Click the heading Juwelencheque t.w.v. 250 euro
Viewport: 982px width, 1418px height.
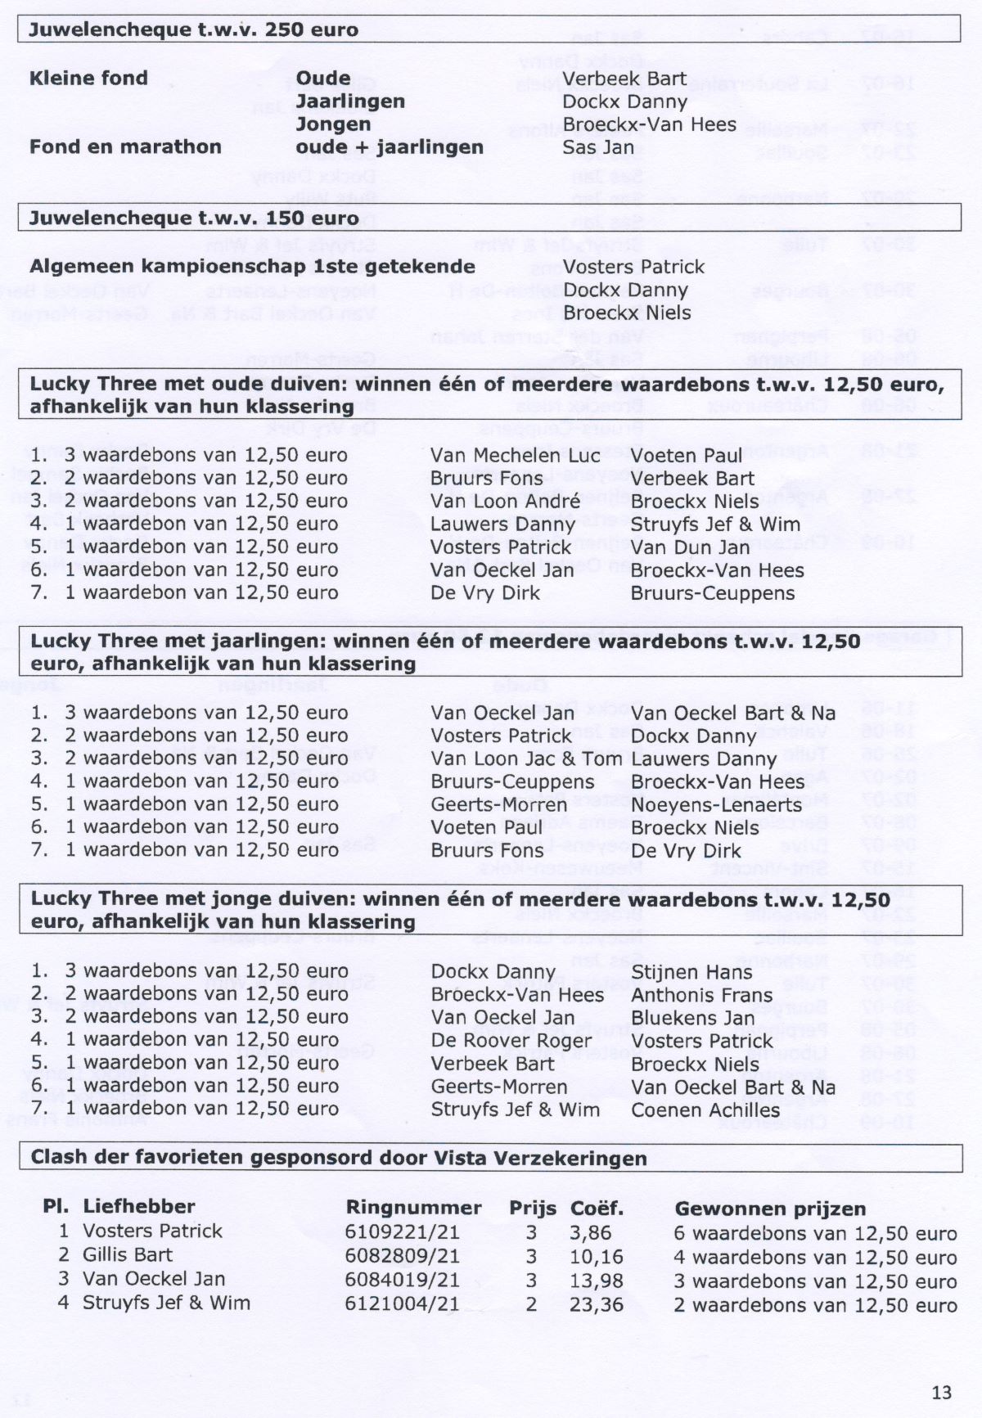194,30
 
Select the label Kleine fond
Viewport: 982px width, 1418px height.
88,79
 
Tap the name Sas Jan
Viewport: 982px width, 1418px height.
598,147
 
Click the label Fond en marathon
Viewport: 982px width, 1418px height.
125,147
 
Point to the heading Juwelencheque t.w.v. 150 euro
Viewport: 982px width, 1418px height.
194,218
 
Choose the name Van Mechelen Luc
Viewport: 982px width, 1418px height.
516,456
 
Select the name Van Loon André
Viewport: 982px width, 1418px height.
505,502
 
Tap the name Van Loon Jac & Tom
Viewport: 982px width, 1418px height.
527,759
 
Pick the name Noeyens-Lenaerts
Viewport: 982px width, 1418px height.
717,804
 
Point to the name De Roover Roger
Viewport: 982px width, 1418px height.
511,1041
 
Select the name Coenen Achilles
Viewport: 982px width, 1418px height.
705,1110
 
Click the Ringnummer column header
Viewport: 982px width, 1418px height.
413,1208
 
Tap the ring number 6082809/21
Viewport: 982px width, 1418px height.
402,1255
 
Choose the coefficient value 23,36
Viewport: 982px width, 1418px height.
597,1303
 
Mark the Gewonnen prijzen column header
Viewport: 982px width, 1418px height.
769,1209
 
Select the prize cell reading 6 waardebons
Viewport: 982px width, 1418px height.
815,1233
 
